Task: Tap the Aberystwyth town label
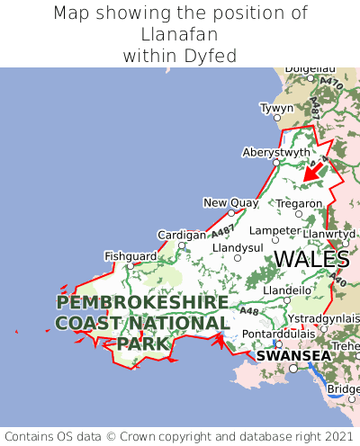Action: click(276, 152)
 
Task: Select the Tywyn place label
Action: click(276, 108)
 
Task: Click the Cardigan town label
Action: click(182, 234)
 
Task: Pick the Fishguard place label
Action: click(130, 255)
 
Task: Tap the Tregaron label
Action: click(298, 204)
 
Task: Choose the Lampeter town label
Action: click(274, 229)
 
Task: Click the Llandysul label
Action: click(238, 246)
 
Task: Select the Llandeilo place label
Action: click(288, 290)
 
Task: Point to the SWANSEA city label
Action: click(292, 355)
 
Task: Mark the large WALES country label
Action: click(311, 259)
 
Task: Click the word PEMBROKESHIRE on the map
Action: click(142, 302)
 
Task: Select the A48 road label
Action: click(249, 312)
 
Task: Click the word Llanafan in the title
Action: click(180, 35)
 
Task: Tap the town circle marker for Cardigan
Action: click(182, 245)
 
